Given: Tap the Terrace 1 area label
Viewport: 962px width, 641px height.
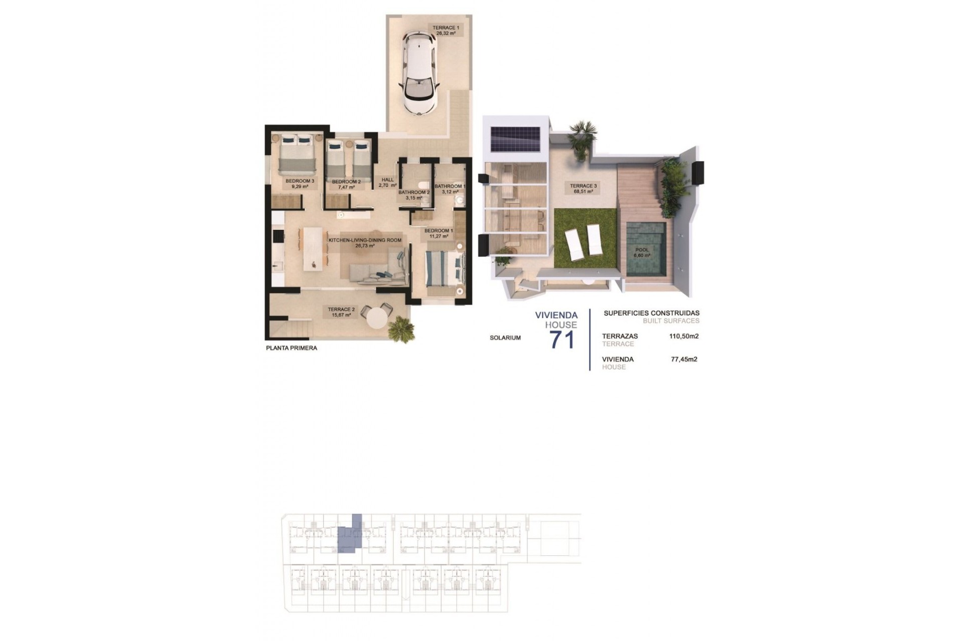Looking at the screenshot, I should [x=445, y=30].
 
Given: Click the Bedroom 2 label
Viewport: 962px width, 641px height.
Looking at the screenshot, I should [x=346, y=184].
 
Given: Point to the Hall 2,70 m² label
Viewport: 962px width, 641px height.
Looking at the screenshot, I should [x=387, y=182].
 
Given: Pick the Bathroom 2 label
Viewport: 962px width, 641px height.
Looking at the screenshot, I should [x=414, y=194].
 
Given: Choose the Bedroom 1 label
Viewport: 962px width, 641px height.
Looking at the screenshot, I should [x=438, y=233].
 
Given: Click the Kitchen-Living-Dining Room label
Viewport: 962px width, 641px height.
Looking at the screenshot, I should [x=365, y=243].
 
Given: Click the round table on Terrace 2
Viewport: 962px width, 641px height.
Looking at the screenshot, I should [x=379, y=317].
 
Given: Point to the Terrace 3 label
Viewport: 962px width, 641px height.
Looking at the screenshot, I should [x=583, y=188].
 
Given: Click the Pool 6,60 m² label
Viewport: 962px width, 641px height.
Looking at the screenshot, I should [x=642, y=252].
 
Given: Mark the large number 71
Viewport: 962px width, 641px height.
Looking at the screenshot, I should [x=563, y=340].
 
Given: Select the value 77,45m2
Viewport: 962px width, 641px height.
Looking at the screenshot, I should [x=684, y=359].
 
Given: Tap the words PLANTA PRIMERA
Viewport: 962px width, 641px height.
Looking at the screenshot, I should [x=291, y=348].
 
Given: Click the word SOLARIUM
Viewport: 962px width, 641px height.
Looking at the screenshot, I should [x=505, y=338].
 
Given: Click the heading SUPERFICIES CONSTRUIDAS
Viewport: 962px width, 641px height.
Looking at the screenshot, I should [x=651, y=313].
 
